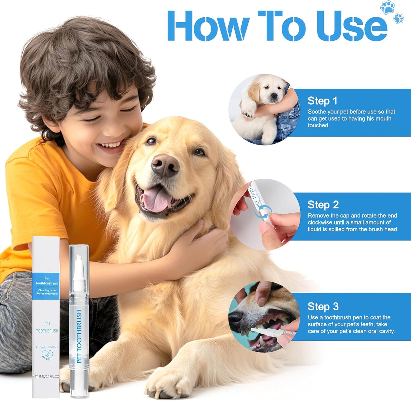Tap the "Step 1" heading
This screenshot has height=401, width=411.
tap(322, 101)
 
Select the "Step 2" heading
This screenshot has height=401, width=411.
tap(323, 205)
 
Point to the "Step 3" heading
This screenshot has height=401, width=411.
tap(323, 307)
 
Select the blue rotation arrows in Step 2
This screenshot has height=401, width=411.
tap(263, 214)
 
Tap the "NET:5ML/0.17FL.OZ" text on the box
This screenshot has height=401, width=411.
tap(46, 376)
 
